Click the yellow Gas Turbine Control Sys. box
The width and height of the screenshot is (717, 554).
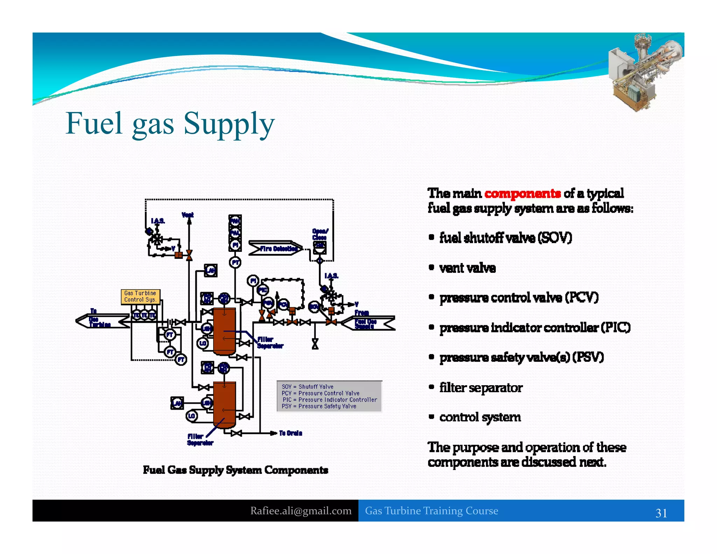click(x=140, y=296)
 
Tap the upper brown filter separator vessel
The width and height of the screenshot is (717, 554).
click(x=224, y=331)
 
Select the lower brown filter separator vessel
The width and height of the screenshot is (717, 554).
click(x=224, y=404)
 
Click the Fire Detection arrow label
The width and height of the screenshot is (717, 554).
click(x=276, y=248)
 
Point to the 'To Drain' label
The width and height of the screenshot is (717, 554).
click(x=291, y=433)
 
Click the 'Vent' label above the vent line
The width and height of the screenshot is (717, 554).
click(x=188, y=215)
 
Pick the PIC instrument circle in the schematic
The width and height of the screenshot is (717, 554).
click(x=263, y=290)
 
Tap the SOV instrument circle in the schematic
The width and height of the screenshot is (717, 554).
click(x=314, y=307)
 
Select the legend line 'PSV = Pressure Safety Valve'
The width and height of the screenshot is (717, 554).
click(x=319, y=406)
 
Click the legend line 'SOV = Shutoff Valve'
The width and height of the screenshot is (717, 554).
click(x=307, y=387)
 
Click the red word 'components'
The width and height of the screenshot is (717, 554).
click(x=522, y=193)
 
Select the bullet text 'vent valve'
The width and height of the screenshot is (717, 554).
click(x=467, y=268)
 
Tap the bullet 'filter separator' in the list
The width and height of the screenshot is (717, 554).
click(x=481, y=388)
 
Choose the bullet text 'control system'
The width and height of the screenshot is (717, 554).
click(x=480, y=417)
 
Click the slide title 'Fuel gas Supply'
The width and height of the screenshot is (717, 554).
click(x=170, y=124)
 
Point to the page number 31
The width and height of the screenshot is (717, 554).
click(x=661, y=513)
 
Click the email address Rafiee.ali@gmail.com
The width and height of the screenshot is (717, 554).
click(x=301, y=511)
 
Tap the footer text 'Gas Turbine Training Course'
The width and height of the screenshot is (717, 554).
click(x=431, y=511)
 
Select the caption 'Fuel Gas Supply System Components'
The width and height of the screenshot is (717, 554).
click(x=235, y=470)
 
